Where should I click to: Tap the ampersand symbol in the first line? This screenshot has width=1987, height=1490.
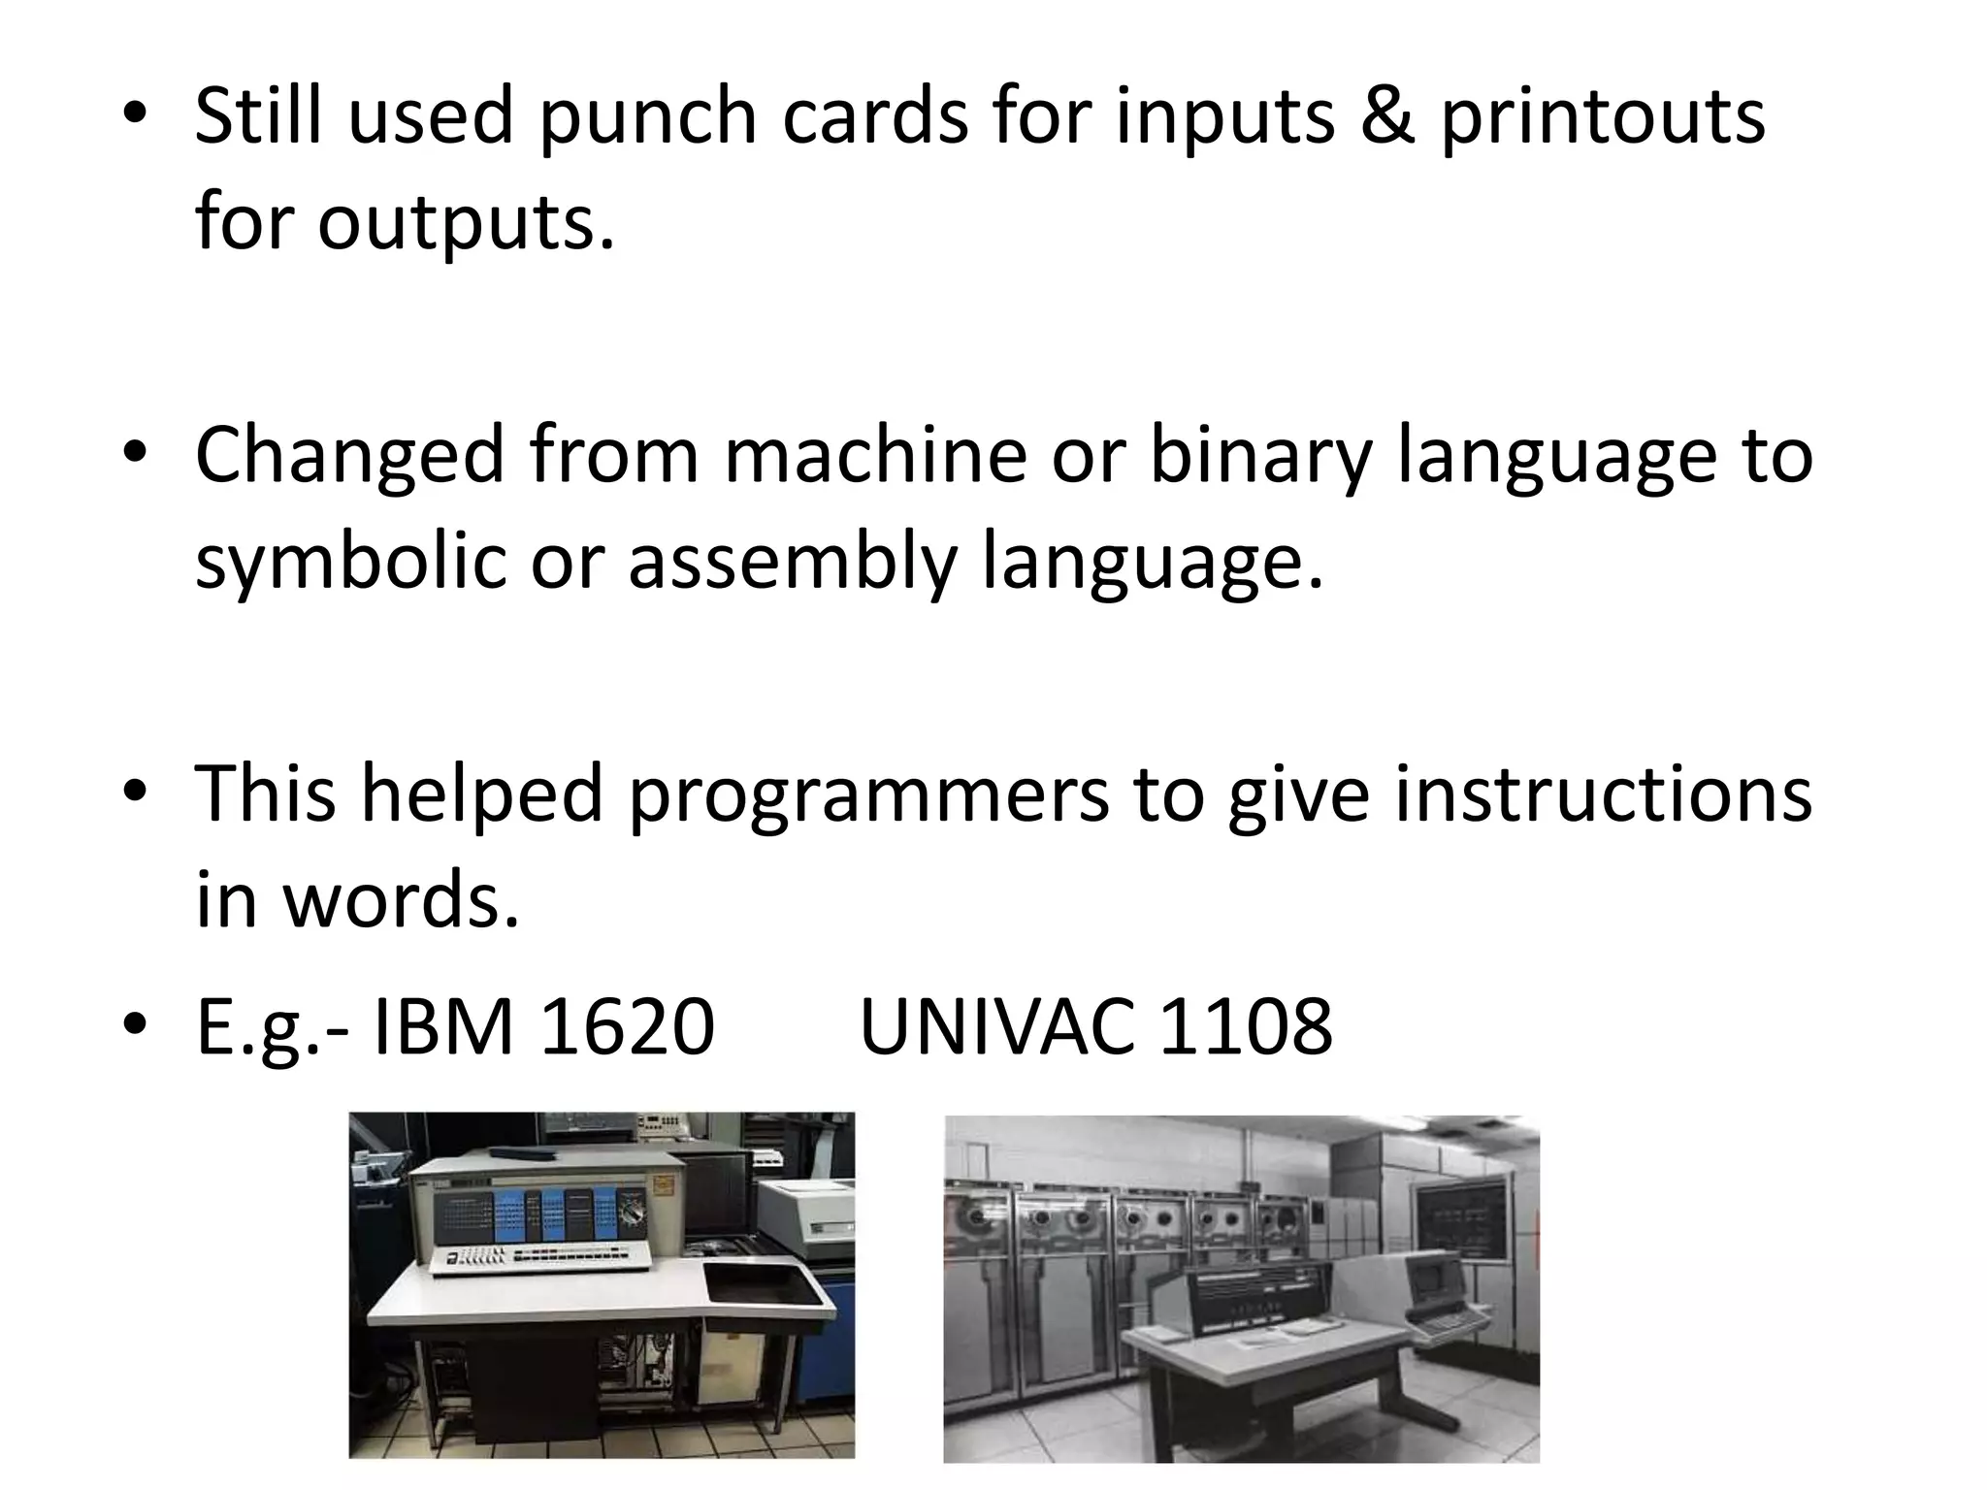point(1386,115)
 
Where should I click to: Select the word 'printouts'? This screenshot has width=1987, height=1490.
point(1602,117)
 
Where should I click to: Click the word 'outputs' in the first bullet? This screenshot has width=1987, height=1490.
point(466,224)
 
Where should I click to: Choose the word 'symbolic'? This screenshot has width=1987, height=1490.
point(350,562)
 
